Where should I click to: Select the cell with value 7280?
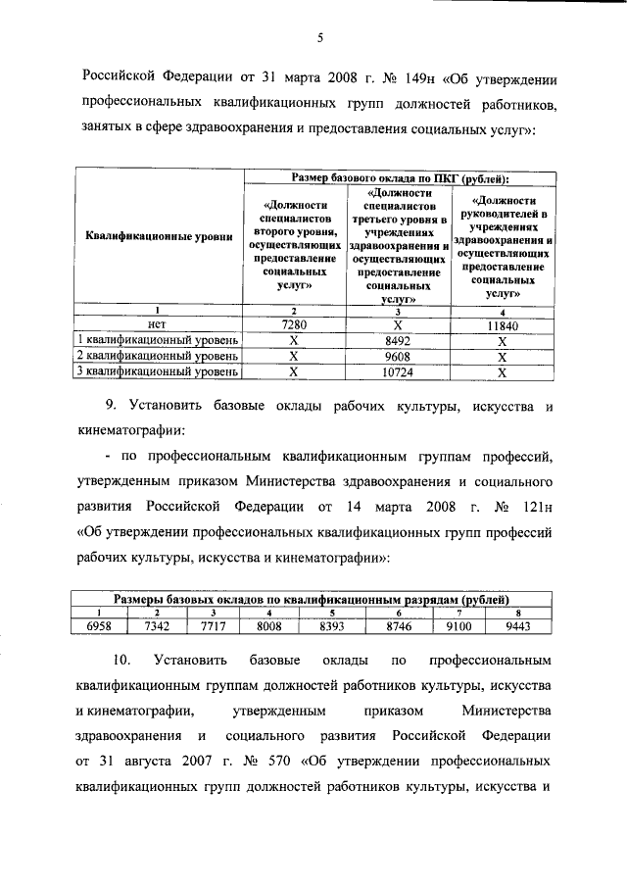click(x=293, y=324)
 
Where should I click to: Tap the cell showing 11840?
click(x=501, y=325)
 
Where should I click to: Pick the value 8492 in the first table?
click(x=397, y=341)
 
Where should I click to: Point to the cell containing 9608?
click(x=397, y=357)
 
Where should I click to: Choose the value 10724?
click(x=397, y=372)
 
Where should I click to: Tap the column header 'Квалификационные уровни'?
click(x=159, y=236)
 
